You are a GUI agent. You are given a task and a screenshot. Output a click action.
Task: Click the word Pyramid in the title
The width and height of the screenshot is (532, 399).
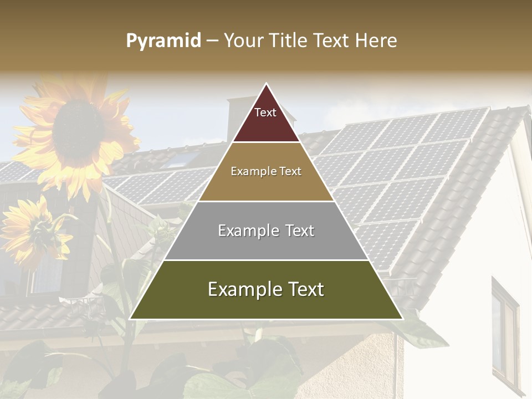(163, 41)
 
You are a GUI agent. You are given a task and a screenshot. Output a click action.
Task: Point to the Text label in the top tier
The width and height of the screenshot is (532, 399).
(265, 112)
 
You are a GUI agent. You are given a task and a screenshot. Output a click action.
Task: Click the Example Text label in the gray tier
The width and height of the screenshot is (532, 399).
(266, 231)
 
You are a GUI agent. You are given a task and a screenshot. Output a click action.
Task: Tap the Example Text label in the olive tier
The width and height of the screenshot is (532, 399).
(266, 289)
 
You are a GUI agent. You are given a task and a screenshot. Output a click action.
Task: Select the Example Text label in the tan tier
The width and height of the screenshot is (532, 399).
(266, 171)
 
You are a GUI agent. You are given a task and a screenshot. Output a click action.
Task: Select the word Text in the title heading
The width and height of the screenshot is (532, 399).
(331, 40)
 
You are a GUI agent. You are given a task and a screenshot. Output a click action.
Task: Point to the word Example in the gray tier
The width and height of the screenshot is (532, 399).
(247, 231)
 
